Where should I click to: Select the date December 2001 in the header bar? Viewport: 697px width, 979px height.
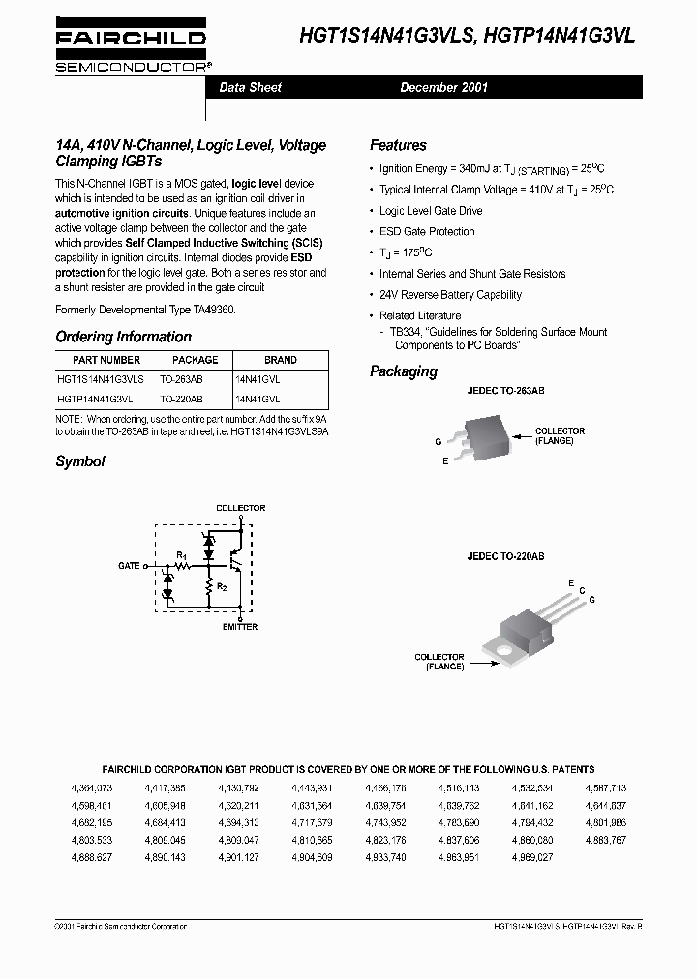click(443, 87)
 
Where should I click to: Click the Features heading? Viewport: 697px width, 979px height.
click(398, 145)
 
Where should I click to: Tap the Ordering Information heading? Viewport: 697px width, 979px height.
click(123, 337)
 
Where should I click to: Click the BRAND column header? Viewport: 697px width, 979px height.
click(280, 360)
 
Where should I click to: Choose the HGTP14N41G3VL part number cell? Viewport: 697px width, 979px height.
click(95, 399)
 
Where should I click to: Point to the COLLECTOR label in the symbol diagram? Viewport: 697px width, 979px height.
click(240, 508)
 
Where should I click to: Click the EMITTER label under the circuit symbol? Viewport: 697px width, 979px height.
click(240, 627)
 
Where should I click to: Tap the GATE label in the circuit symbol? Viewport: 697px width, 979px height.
click(128, 565)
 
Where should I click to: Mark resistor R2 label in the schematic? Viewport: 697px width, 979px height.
click(223, 586)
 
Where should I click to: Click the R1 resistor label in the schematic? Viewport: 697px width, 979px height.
click(181, 554)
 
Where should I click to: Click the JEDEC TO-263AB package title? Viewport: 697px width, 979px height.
click(505, 390)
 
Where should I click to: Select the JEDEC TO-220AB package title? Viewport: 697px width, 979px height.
click(505, 557)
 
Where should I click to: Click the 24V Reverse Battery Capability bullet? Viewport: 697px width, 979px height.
click(450, 295)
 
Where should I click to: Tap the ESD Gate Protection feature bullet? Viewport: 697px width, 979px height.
click(427, 232)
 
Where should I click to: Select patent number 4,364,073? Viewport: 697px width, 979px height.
click(92, 788)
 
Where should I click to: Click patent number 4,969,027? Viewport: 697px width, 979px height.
click(531, 857)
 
